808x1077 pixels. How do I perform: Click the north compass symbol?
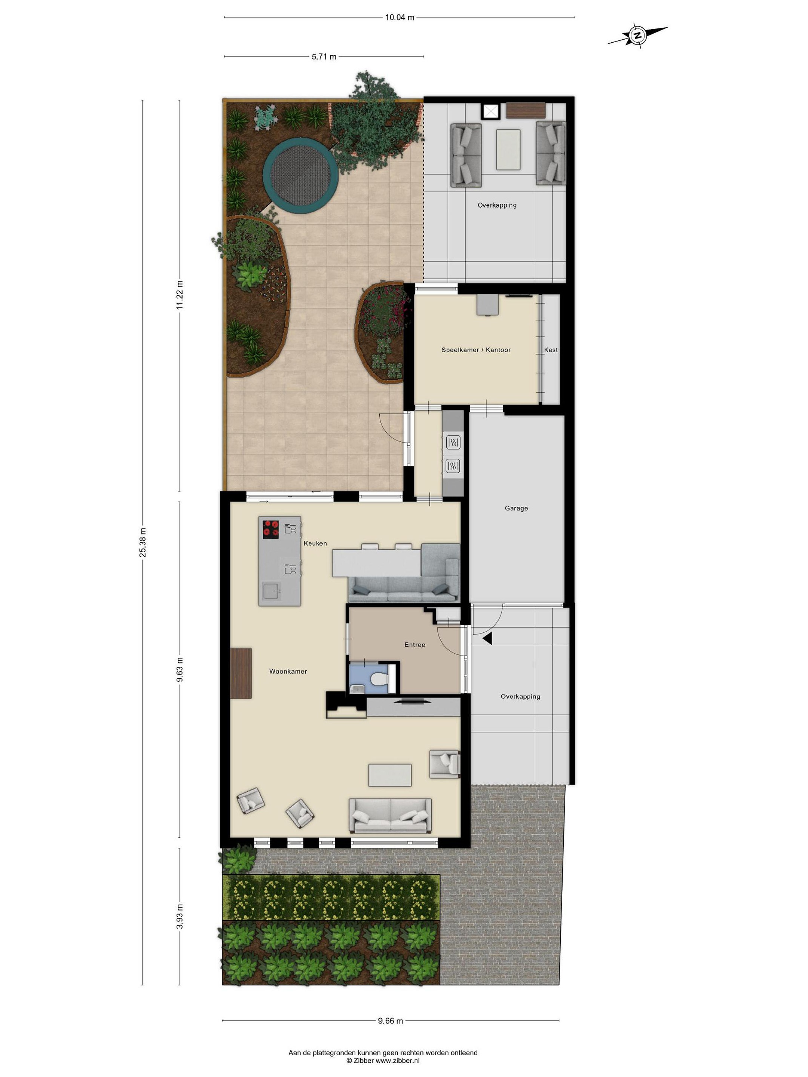pyautogui.click(x=637, y=35)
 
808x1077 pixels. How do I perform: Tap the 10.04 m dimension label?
pyautogui.click(x=400, y=18)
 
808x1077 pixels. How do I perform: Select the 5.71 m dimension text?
pyautogui.click(x=324, y=56)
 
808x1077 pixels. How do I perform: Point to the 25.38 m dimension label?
pyautogui.click(x=143, y=542)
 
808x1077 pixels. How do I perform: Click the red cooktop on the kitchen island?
pyautogui.click(x=271, y=529)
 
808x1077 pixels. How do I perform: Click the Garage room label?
pyautogui.click(x=516, y=508)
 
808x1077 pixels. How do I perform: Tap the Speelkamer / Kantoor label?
pyautogui.click(x=476, y=350)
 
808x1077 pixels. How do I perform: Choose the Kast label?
pyautogui.click(x=551, y=350)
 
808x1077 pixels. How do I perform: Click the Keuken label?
pyautogui.click(x=315, y=543)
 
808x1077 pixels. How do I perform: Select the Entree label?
pyautogui.click(x=415, y=645)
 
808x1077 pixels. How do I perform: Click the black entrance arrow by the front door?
pyautogui.click(x=487, y=638)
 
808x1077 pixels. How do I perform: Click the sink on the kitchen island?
pyautogui.click(x=272, y=592)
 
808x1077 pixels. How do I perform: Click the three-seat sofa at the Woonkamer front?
pyautogui.click(x=390, y=816)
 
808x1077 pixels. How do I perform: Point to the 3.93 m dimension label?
pyautogui.click(x=180, y=916)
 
